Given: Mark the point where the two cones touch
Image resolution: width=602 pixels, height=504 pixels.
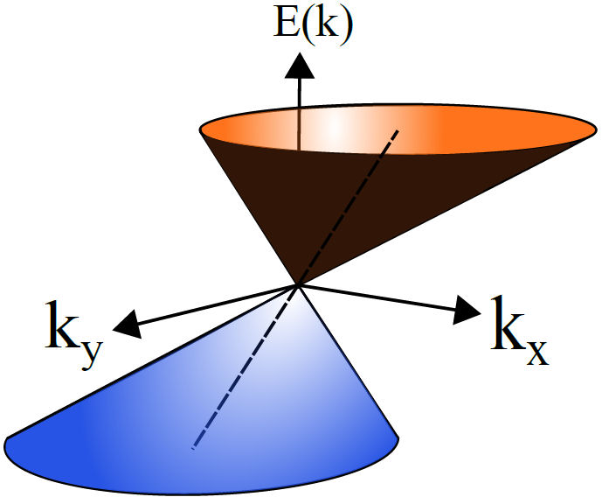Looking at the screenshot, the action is coord(300,285).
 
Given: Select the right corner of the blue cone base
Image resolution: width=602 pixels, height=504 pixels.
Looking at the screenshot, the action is coord(400,437).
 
